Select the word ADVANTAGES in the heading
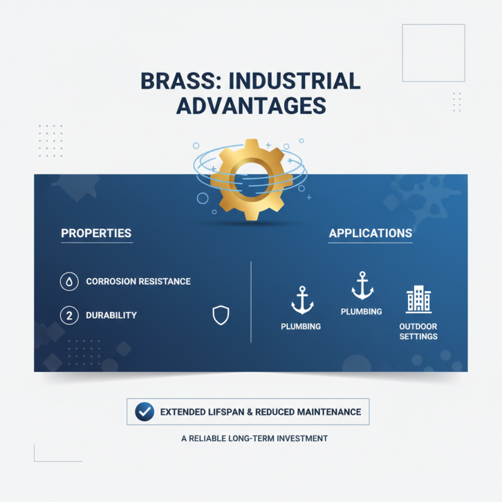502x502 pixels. (x=251, y=105)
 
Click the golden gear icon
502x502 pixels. (x=250, y=179)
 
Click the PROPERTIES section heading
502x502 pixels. (x=96, y=233)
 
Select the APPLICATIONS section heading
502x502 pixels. (x=370, y=233)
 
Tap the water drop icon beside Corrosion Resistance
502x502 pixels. (x=69, y=282)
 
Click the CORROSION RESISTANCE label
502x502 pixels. (x=138, y=282)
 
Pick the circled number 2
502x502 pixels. (x=69, y=315)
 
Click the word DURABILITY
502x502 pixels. (x=111, y=315)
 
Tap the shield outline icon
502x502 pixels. (x=221, y=316)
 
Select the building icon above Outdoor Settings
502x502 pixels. (x=419, y=300)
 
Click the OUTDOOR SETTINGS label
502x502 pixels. (x=419, y=331)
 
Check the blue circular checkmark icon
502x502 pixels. (x=145, y=412)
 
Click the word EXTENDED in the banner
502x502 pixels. (x=184, y=412)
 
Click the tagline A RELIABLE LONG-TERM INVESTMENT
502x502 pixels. (x=254, y=439)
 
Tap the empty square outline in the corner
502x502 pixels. (x=433, y=53)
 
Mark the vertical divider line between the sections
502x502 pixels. (x=251, y=302)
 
